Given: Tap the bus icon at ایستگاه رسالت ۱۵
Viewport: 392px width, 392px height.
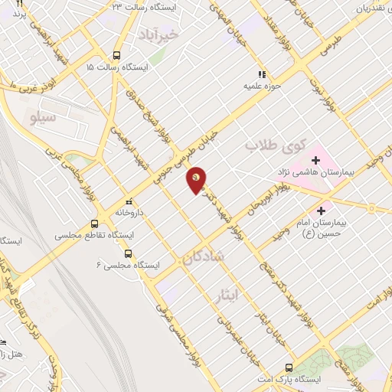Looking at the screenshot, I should pos(116,55).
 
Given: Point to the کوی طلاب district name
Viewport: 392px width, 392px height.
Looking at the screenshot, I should pos(275,144).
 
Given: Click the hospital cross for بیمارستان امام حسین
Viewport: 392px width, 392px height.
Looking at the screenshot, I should pos(321,208).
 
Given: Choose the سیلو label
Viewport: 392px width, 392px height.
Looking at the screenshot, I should pos(41,119).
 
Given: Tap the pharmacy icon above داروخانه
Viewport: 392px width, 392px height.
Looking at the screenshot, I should pos(129,197).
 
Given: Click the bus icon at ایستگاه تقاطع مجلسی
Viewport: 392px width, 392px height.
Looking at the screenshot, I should pos(94,224).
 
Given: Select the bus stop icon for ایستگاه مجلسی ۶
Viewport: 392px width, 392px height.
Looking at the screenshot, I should pos(128,253).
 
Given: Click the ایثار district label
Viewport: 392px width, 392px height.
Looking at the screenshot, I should pos(247,292).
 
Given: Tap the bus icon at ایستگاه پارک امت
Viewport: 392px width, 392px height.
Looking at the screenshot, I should pos(289,367).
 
